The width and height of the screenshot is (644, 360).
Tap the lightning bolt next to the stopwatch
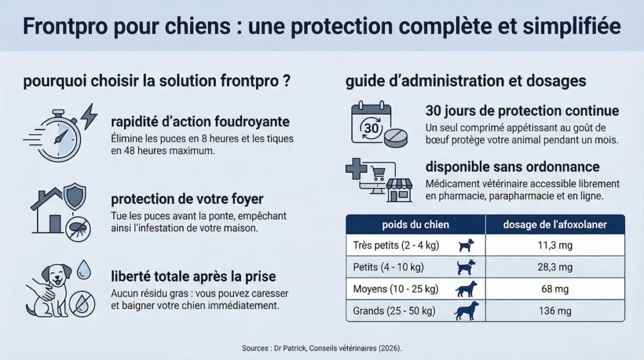pos(89,116)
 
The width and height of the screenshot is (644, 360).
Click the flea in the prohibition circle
pos(79,228)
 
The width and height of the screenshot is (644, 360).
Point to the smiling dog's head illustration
pos(55,278)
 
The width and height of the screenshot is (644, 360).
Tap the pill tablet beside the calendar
pos(396,139)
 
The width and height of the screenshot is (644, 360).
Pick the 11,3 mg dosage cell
pos(554,245)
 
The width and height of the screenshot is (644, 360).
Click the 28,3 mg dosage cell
pos(554,267)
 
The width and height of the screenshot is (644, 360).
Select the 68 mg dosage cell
pos(554,289)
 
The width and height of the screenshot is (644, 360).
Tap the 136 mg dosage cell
pos(554,311)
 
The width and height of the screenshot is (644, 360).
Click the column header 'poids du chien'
pos(416,225)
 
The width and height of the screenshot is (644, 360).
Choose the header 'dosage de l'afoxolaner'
pos(554,225)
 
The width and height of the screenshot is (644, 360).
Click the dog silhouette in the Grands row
pos(466,311)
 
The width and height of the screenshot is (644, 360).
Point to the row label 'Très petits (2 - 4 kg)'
pos(397,245)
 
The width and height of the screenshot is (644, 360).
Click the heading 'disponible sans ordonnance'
pos(512,167)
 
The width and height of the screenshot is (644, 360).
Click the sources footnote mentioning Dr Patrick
pos(321,348)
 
